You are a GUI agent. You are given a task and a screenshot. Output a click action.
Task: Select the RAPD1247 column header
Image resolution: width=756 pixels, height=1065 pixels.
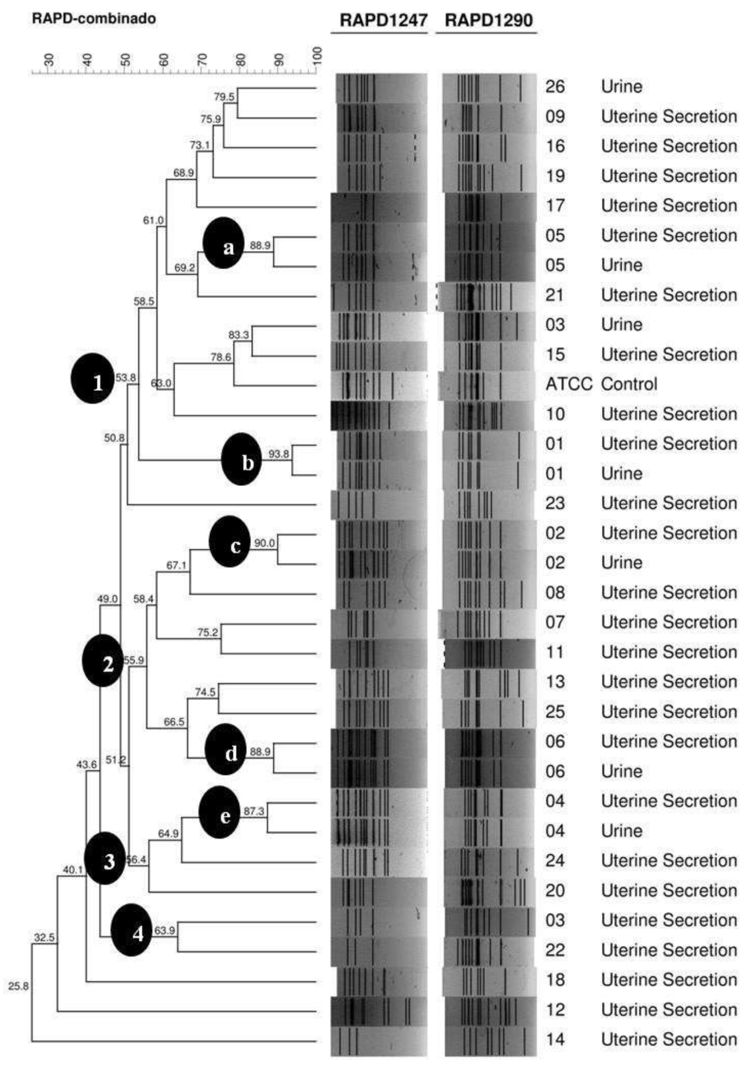coord(383,20)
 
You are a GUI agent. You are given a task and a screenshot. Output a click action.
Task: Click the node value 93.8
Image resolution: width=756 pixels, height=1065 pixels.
coord(278,454)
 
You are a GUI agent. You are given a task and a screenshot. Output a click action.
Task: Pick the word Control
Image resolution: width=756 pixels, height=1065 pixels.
coord(629,384)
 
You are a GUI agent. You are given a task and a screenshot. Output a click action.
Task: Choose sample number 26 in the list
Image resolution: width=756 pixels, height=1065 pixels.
coord(555,87)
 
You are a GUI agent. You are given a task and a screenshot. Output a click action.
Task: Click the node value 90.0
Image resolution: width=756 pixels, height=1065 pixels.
coord(264,543)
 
